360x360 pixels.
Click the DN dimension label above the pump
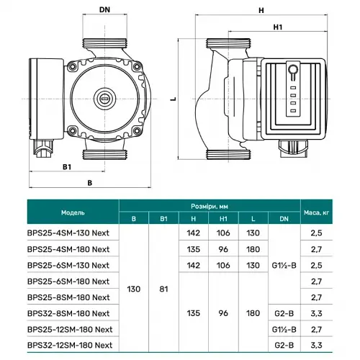coord(104,11)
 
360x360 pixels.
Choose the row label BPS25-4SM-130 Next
coord(68,233)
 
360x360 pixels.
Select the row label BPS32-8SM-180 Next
coord(68,312)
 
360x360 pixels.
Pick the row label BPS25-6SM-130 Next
coord(68,265)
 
